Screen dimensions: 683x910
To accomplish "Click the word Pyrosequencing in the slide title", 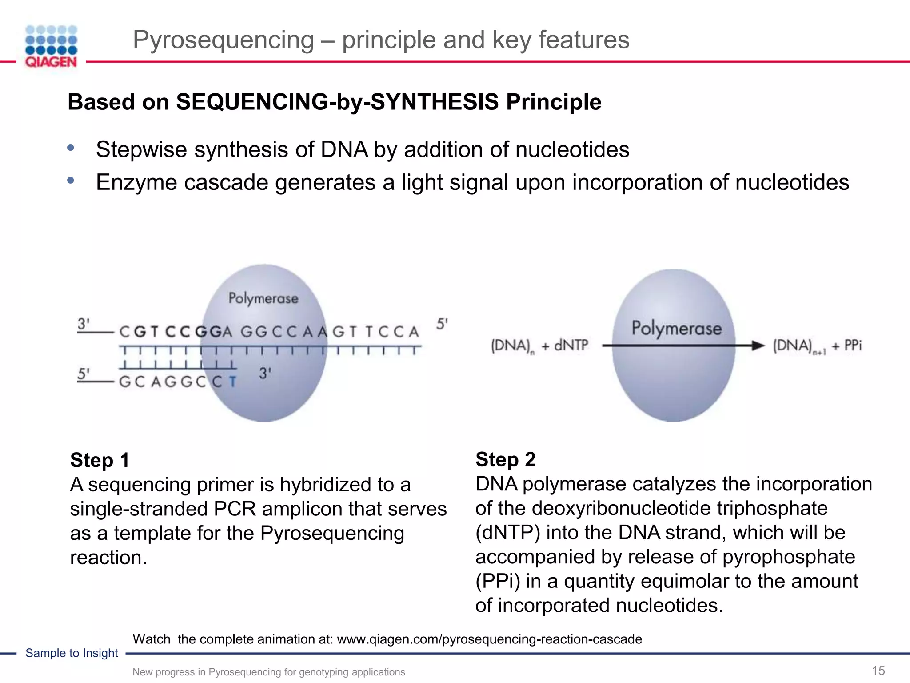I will (223, 40).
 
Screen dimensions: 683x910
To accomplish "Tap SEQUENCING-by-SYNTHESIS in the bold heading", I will (337, 102).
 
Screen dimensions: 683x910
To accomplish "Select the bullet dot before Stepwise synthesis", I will (70, 148).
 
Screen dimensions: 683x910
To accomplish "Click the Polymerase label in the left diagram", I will (263, 298).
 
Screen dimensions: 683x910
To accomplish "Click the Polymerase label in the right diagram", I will (676, 329).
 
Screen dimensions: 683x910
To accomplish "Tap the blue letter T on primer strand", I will (232, 382).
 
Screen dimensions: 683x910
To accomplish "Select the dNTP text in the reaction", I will (571, 346).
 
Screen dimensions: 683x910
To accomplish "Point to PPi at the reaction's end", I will (852, 346).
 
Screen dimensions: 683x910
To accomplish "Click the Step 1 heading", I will (100, 460).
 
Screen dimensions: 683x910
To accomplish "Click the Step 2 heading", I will (505, 459).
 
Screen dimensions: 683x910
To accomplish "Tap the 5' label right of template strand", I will (442, 324).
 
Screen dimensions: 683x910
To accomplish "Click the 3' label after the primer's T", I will (265, 374).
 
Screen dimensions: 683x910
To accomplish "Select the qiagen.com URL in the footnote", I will (489, 639).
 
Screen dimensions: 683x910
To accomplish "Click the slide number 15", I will (878, 671).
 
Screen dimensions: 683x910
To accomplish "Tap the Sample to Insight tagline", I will (72, 653).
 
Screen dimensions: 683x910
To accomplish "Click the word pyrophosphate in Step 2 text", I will (788, 557).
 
